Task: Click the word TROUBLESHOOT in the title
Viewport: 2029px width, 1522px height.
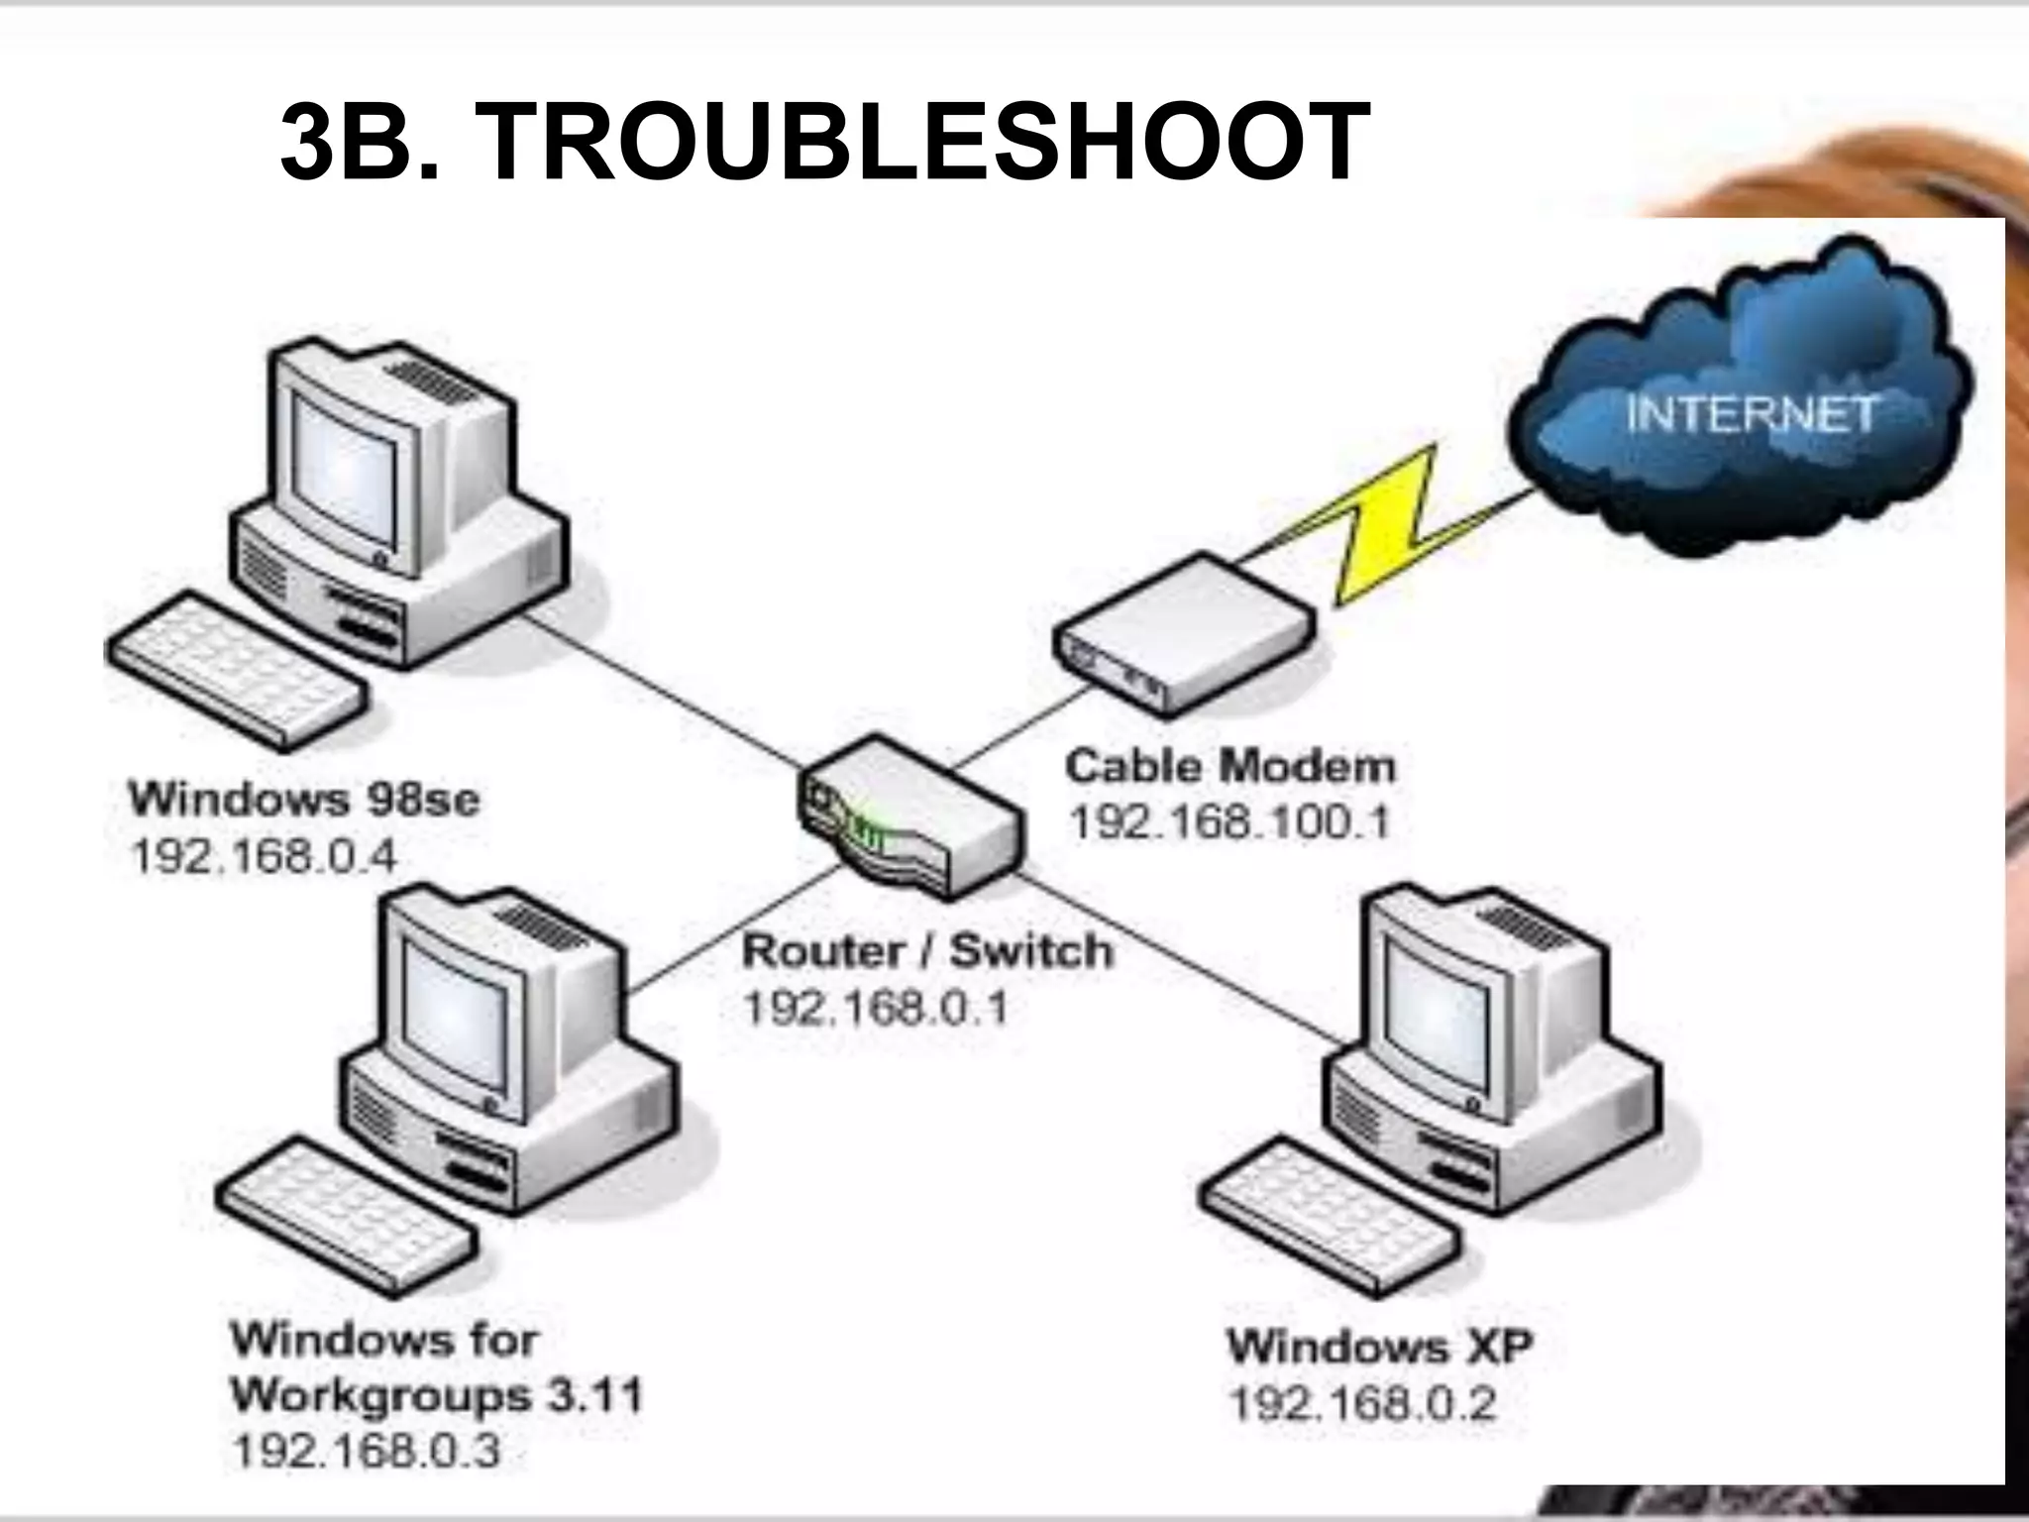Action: point(921,145)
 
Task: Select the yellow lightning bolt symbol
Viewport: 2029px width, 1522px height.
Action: point(1387,525)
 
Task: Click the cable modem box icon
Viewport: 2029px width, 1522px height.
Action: point(1184,634)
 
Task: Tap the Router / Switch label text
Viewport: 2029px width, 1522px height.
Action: point(927,951)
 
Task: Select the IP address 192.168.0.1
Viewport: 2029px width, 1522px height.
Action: point(876,1009)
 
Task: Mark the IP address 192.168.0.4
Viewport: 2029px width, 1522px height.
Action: point(264,856)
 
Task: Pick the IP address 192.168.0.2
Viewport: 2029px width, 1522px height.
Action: point(1362,1404)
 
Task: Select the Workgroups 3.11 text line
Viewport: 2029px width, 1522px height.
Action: point(437,1395)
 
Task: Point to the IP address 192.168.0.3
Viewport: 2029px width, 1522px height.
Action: point(367,1452)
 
